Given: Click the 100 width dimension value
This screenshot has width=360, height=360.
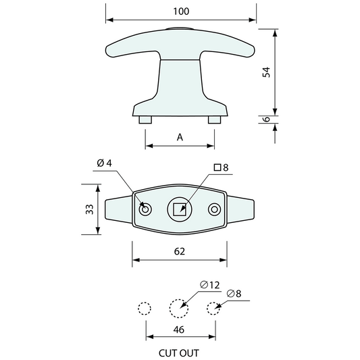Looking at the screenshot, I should (x=181, y=11).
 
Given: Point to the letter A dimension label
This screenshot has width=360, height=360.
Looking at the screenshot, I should (x=180, y=137).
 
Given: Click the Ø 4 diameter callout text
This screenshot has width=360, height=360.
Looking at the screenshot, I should (x=104, y=163).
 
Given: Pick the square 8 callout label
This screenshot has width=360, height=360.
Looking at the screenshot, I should (x=221, y=167).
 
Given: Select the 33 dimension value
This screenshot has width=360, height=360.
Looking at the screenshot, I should (x=89, y=209).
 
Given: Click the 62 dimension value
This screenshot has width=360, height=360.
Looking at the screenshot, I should (x=180, y=251).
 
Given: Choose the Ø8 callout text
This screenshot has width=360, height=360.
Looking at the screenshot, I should (x=234, y=293).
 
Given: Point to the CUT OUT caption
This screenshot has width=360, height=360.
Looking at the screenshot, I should (x=179, y=352).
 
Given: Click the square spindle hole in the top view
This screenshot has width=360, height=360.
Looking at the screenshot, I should (x=179, y=209).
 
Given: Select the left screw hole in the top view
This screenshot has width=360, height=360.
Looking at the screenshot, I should (x=145, y=209).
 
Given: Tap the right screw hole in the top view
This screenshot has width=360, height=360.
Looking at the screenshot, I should (x=214, y=209).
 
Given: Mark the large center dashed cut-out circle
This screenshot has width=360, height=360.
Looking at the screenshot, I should (x=178, y=308).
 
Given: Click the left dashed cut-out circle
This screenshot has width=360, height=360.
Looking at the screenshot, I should (x=144, y=308).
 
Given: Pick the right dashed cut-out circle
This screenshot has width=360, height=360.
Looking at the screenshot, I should (x=213, y=308).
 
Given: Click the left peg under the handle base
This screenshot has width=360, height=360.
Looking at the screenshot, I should (x=145, y=120).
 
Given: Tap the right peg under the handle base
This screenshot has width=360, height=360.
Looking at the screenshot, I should (x=214, y=120).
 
